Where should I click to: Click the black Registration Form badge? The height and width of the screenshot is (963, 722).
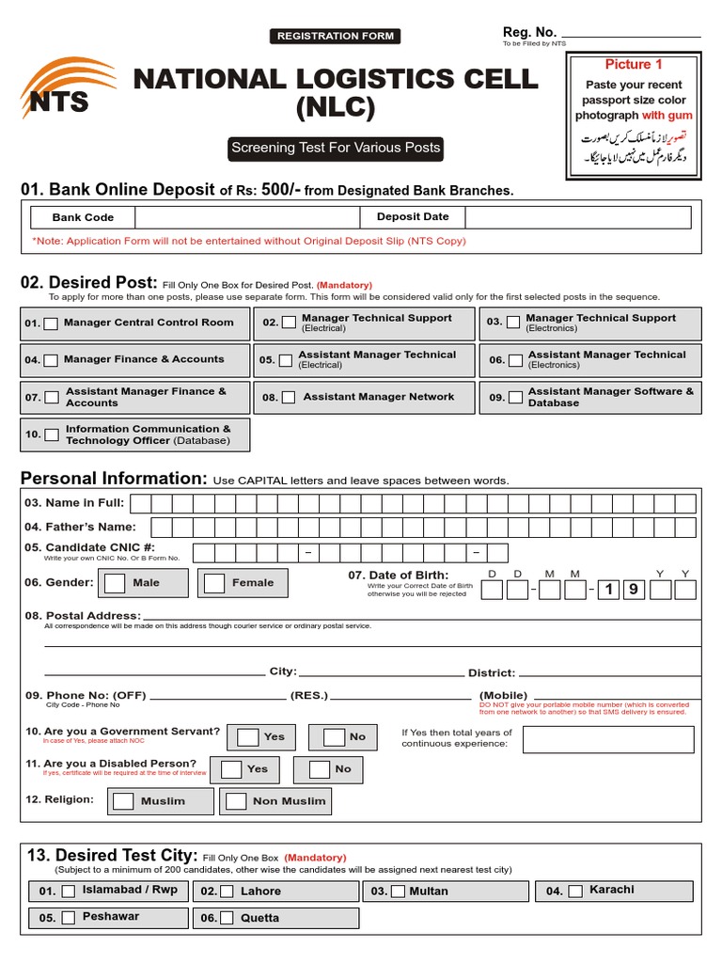tap(336, 37)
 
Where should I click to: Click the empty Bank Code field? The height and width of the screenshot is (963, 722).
tap(247, 217)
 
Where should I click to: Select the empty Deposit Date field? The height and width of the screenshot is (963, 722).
tap(577, 217)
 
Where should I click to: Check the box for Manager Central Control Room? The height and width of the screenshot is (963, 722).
tap(51, 324)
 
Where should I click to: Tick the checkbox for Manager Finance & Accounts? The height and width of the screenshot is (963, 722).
tap(51, 360)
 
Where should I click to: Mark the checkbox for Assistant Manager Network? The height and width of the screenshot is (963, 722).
tap(289, 398)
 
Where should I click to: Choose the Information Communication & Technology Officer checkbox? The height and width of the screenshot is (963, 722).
tap(52, 434)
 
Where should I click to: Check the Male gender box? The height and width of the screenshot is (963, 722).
tap(115, 583)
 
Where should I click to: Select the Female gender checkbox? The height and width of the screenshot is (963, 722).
tap(214, 583)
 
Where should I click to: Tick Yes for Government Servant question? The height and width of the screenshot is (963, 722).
tap(248, 737)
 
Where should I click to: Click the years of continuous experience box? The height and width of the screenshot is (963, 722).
tap(609, 739)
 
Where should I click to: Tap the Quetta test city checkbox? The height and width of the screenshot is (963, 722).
tap(227, 918)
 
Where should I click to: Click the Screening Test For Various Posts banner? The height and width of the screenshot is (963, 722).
tap(336, 148)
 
